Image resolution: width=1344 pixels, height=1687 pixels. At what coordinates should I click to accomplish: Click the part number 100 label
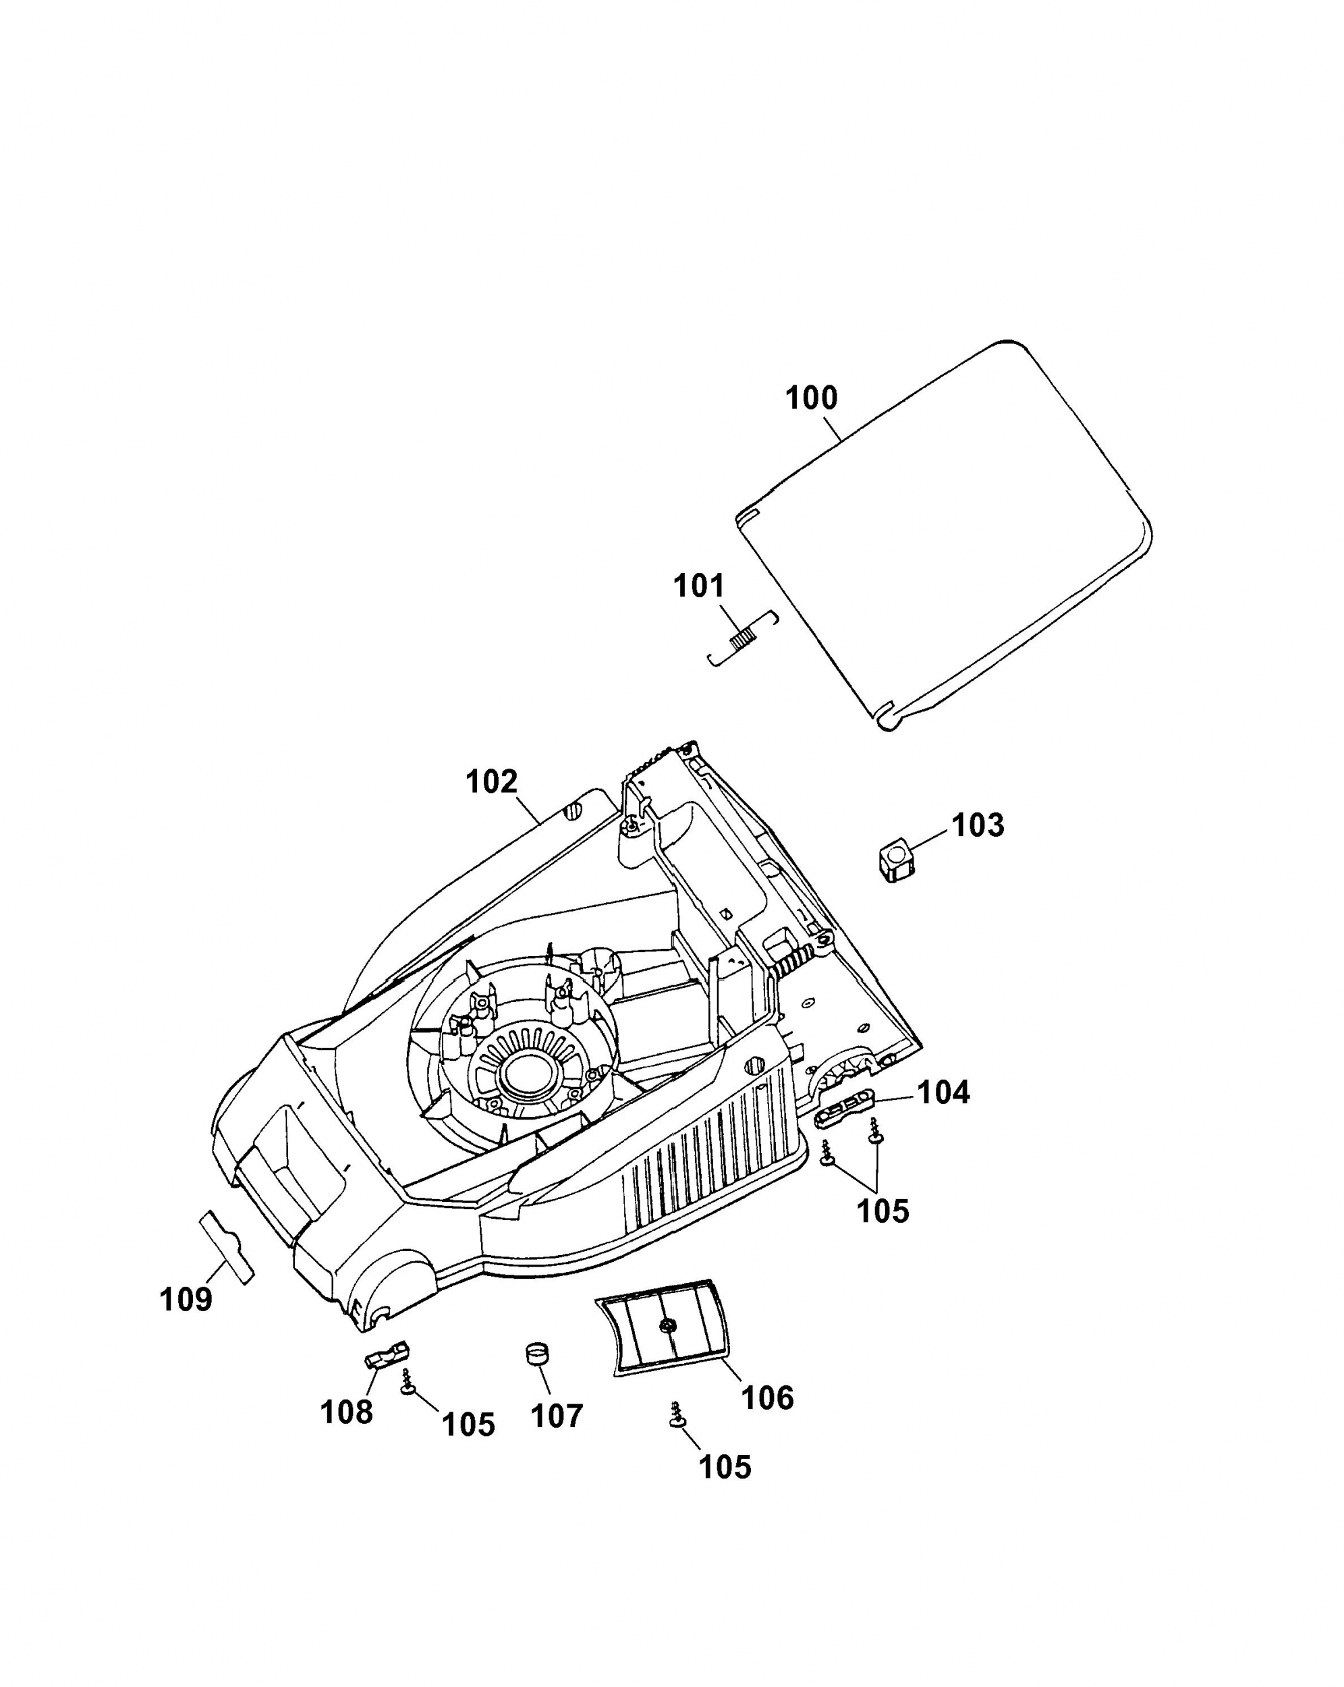click(811, 398)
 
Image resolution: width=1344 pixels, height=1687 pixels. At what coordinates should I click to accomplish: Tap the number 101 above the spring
click(698, 586)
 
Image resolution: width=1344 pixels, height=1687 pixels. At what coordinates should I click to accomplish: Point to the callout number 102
click(491, 781)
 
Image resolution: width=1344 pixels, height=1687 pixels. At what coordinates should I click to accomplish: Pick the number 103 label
click(978, 825)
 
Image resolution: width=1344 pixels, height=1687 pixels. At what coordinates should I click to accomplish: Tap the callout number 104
click(943, 1093)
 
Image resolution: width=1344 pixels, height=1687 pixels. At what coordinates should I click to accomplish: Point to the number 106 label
click(767, 1398)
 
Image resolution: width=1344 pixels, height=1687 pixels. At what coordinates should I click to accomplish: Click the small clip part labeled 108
click(387, 1354)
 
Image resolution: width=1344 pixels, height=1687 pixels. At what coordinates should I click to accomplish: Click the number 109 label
click(186, 1300)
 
